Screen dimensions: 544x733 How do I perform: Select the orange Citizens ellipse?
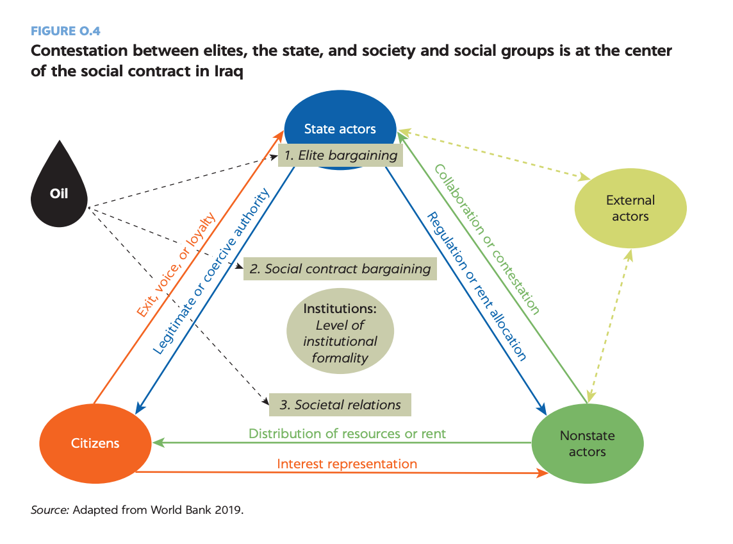click(x=95, y=443)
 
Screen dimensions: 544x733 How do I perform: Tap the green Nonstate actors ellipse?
click(x=587, y=443)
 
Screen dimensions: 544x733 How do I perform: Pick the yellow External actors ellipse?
click(x=630, y=208)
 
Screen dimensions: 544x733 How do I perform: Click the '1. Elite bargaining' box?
click(x=341, y=155)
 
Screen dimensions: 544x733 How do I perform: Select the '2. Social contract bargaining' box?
click(x=340, y=269)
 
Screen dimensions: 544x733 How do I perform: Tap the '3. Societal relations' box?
click(x=340, y=405)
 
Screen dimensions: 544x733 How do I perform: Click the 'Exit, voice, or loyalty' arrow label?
click(x=175, y=264)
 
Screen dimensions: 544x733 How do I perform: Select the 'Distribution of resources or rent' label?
click(x=347, y=433)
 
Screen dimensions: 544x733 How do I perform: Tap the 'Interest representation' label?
click(x=347, y=463)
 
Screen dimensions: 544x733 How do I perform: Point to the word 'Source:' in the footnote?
click(x=50, y=511)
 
